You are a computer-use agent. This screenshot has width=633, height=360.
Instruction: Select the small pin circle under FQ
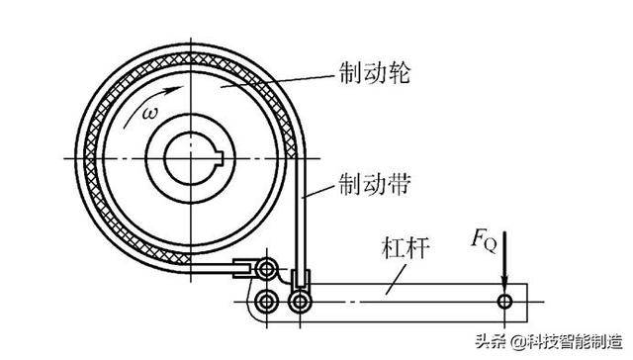click(504, 299)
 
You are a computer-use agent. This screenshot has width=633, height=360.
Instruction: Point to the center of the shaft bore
click(191, 158)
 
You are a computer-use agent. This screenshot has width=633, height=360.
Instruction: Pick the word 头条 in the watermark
click(487, 342)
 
